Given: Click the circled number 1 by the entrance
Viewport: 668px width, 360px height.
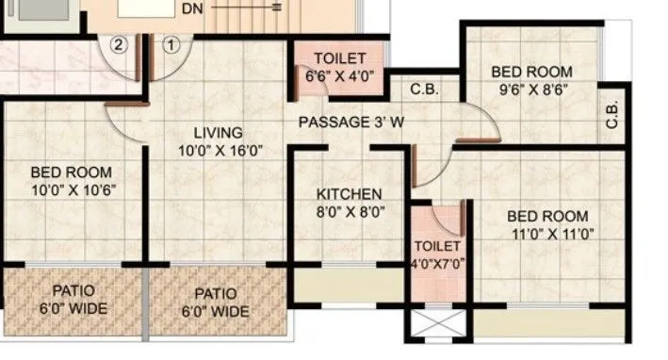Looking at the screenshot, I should point(171,43).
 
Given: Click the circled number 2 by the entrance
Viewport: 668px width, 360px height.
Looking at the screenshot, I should point(119,43).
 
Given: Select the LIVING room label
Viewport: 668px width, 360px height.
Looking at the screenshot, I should point(219,132).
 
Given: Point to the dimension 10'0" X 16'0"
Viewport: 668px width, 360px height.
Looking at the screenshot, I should point(219,149).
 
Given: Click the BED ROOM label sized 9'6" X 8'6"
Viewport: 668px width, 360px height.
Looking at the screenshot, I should point(532,72).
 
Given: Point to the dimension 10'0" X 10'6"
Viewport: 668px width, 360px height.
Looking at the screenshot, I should point(72,189).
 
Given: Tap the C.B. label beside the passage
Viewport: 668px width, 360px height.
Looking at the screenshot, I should point(421,91).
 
